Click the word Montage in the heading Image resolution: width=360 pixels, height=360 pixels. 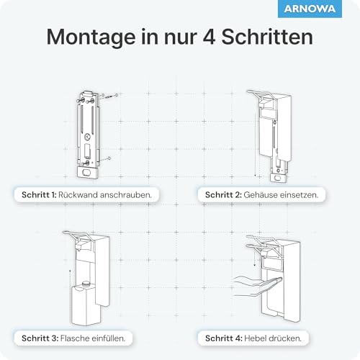[86, 37]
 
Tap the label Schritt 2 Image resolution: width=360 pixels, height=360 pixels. [227, 195]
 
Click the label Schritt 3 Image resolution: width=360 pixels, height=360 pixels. [40, 337]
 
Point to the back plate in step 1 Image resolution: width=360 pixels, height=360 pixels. [90, 133]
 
